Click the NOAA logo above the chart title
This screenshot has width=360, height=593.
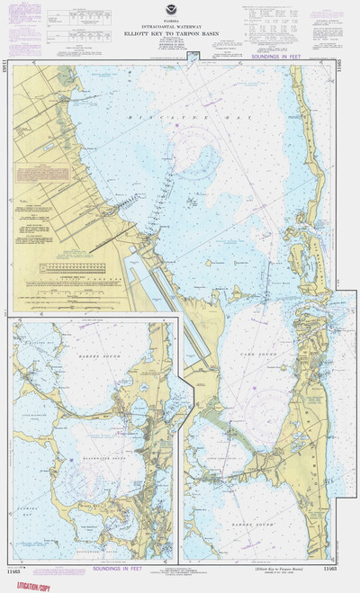[x=170, y=16]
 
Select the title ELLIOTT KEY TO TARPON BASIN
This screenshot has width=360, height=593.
[x=170, y=37]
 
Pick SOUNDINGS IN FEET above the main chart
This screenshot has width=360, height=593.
[x=278, y=58]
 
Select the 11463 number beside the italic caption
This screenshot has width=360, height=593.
[x=332, y=571]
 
